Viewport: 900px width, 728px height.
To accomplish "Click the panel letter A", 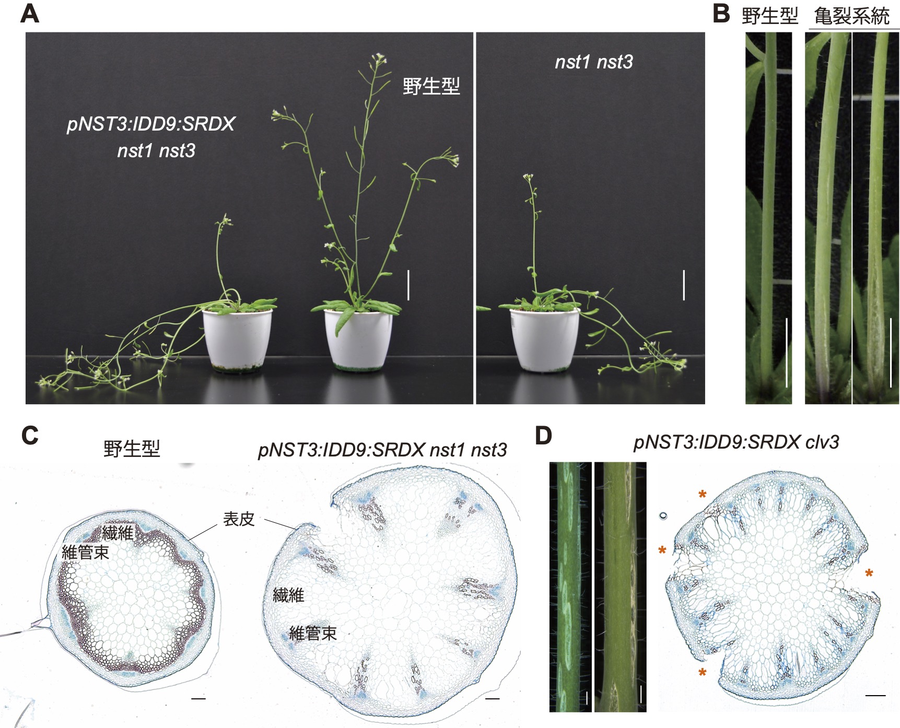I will [30, 14].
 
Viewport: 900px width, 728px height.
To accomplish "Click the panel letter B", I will [721, 14].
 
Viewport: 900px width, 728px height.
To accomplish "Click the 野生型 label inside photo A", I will [431, 86].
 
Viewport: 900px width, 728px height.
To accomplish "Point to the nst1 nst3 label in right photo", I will [594, 62].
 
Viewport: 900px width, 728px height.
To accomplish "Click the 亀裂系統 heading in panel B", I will [851, 16].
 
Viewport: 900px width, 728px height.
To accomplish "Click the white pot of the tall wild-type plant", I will [358, 339].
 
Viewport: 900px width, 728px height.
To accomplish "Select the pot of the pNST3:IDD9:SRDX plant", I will [238, 339].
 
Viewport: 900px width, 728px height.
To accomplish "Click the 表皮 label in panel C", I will [239, 519].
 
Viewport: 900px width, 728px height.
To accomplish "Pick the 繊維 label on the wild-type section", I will [118, 533].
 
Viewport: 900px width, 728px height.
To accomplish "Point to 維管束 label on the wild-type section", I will [85, 552].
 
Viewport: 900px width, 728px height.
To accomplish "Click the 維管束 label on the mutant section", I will [312, 633].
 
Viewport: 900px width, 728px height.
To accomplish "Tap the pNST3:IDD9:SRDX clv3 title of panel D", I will [736, 442].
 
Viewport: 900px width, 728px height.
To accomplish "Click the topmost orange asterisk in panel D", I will [703, 494].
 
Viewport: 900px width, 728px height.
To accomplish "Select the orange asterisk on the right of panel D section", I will [869, 574].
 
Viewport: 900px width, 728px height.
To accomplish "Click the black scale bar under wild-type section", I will [198, 698].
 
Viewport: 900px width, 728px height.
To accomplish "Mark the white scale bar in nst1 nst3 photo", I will [684, 285].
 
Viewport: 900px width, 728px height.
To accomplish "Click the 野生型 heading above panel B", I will [769, 16].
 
